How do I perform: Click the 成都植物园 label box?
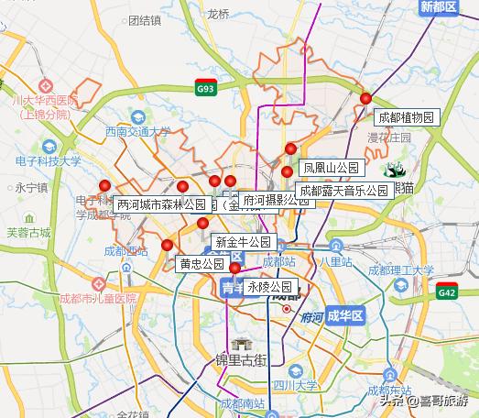pyautogui.click(x=408, y=117)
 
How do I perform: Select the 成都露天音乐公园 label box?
pyautogui.click(x=344, y=191)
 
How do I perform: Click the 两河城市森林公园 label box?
pyautogui.click(x=162, y=204)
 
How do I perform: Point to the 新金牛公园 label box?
pyautogui.click(x=243, y=242)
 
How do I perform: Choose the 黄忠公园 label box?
pyautogui.click(x=201, y=263)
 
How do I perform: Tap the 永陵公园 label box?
pyautogui.click(x=269, y=287)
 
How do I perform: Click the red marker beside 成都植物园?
pyautogui.click(x=365, y=98)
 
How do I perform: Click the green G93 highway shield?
pyautogui.click(x=206, y=89)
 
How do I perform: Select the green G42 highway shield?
pyautogui.click(x=447, y=293)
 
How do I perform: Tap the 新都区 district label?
pyautogui.click(x=439, y=7)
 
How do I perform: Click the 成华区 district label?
pyautogui.click(x=345, y=315)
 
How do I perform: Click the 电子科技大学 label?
pyautogui.click(x=48, y=161)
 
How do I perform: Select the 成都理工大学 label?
pyautogui.click(x=400, y=269)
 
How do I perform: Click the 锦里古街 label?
pyautogui.click(x=241, y=359)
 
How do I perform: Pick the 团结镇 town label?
pyautogui.click(x=145, y=19)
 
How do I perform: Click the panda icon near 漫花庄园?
pyautogui.click(x=396, y=170)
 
